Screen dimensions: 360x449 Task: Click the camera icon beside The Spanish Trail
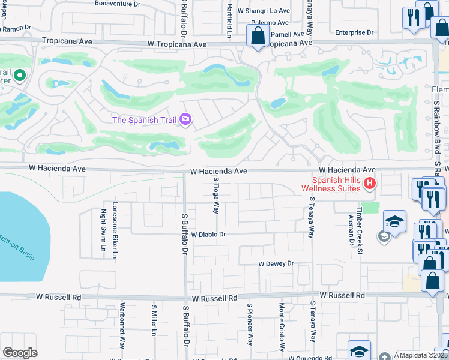pyautogui.click(x=185, y=120)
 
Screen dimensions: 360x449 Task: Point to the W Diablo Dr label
pyautogui.click(x=208, y=235)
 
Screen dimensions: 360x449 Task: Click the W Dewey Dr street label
pyautogui.click(x=276, y=263)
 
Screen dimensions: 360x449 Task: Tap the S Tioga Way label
pyautogui.click(x=216, y=195)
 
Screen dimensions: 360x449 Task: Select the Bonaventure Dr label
pyautogui.click(x=118, y=3)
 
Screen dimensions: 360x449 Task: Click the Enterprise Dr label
pyautogui.click(x=354, y=32)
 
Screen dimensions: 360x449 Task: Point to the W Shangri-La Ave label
pyautogui.click(x=264, y=11)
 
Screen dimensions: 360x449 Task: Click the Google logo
pyautogui.click(x=20, y=353)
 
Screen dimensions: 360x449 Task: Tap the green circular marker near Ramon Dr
pyautogui.click(x=19, y=76)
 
